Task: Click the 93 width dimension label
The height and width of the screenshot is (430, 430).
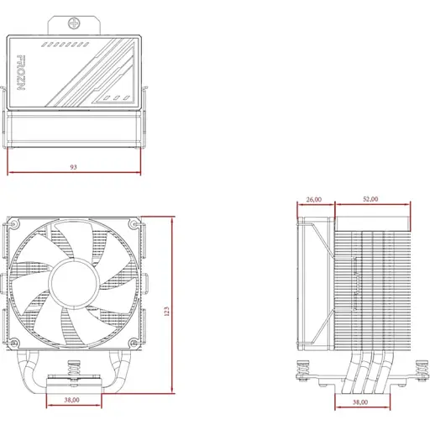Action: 73,167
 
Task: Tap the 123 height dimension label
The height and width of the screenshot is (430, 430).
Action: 166,312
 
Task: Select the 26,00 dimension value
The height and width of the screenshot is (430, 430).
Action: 314,199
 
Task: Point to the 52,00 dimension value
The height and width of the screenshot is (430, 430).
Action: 370,199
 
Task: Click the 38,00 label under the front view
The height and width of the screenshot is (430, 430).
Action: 72,400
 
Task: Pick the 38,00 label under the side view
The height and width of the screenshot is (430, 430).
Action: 360,402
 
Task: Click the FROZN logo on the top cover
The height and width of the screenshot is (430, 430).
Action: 22,72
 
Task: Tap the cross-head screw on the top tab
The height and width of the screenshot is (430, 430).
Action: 74,24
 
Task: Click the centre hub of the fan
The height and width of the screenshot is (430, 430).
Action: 74,283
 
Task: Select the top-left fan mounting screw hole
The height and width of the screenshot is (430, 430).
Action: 13,224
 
